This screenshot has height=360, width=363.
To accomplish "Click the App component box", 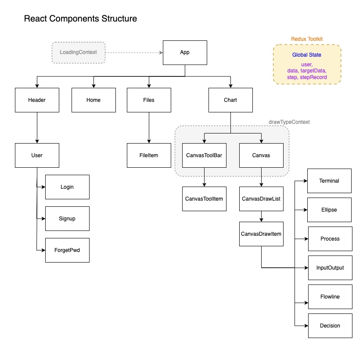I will [x=185, y=52].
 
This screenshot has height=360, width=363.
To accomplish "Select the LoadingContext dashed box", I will [x=79, y=52].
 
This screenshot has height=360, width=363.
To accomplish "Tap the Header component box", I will [x=37, y=100].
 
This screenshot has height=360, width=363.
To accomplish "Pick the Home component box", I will [x=93, y=100].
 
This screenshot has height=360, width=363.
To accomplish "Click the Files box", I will [x=149, y=100].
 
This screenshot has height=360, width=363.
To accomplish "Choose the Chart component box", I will [x=230, y=100].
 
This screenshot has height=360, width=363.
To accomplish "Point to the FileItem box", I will [x=149, y=155].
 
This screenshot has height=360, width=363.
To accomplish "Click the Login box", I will [x=67, y=187].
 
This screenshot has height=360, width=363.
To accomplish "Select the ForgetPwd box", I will [x=67, y=250].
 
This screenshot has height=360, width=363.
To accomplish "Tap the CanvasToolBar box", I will [x=204, y=155].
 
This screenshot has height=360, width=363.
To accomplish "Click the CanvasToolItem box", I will [x=204, y=199].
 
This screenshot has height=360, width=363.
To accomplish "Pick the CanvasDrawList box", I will [x=261, y=199].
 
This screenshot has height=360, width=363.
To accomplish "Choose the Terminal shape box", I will [x=329, y=181].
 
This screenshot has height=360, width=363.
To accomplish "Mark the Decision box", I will [x=330, y=326].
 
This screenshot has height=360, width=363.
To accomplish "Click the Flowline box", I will [x=330, y=297].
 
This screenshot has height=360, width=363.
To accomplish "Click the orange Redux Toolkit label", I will [x=307, y=39].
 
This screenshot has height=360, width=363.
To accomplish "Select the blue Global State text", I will [x=307, y=55].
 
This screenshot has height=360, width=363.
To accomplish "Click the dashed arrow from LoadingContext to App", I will [x=134, y=53].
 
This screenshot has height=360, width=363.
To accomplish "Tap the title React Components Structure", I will [x=80, y=19].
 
